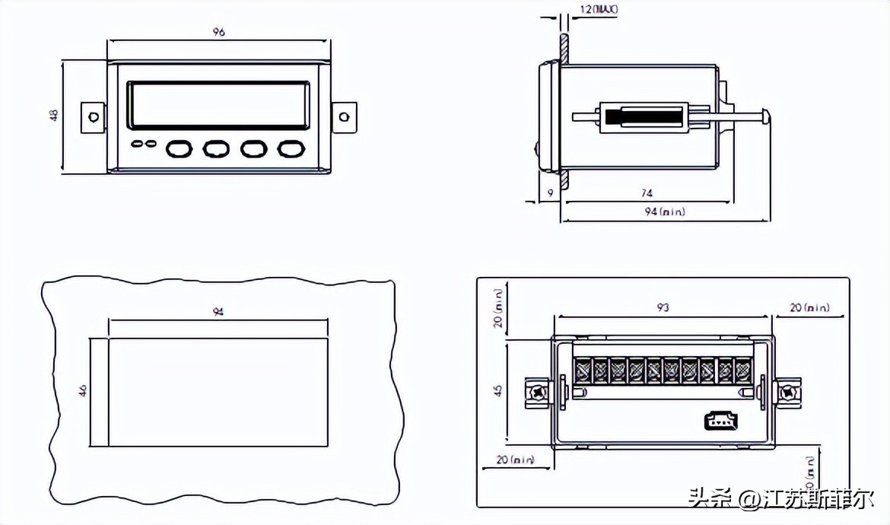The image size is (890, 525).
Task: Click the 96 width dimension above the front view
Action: pyautogui.click(x=219, y=32)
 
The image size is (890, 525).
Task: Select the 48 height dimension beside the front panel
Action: pyautogui.click(x=53, y=116)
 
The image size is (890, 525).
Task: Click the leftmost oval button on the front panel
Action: pyautogui.click(x=180, y=148)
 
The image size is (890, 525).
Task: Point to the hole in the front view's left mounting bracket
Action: pyautogui.click(x=93, y=117)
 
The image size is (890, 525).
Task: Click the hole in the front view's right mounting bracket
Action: pyautogui.click(x=345, y=117)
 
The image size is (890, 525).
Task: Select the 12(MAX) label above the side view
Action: pyautogui.click(x=599, y=10)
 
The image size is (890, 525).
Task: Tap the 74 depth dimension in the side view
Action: pyautogui.click(x=647, y=194)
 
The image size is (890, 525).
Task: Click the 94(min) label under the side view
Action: pyautogui.click(x=665, y=212)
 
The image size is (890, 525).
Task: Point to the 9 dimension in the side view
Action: pyautogui.click(x=550, y=194)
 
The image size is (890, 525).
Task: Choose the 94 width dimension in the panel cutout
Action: pyautogui.click(x=218, y=312)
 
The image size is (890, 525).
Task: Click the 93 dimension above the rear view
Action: pyautogui.click(x=663, y=307)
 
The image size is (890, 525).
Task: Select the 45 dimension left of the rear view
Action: pyautogui.click(x=498, y=390)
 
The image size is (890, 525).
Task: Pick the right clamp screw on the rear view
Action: pyautogui.click(x=787, y=393)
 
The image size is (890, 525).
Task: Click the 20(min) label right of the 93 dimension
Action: pyautogui.click(x=809, y=307)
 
